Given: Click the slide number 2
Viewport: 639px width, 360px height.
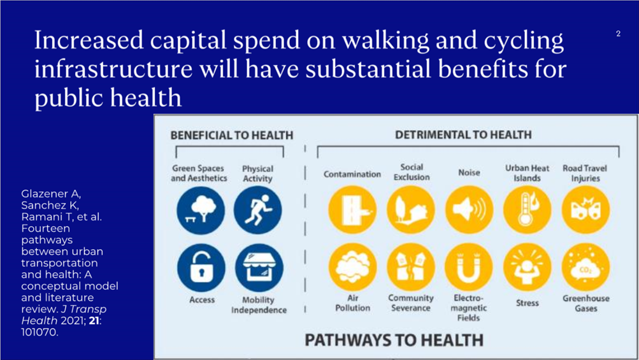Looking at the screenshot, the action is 618,34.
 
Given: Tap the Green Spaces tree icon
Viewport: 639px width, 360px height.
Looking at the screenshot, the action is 201,210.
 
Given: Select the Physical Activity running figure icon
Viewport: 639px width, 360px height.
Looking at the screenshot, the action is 257,210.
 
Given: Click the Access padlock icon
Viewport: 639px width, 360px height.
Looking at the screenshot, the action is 201,268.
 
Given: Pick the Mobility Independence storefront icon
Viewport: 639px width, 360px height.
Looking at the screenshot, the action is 259,268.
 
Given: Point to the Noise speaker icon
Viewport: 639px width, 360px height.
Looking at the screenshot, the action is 469,210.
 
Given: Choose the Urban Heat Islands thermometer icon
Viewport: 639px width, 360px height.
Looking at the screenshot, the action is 527,210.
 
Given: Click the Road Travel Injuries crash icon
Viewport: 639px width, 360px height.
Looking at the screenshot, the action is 585,210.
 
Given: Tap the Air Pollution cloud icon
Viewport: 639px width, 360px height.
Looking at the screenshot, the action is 352,267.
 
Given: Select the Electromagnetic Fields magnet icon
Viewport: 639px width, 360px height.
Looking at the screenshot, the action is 469,267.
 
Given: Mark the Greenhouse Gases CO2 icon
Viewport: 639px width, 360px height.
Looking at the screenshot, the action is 585,267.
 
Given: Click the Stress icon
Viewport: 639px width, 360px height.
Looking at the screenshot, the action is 528,267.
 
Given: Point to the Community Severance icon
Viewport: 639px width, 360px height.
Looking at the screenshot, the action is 411,267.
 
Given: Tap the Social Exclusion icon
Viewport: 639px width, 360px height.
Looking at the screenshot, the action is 411,210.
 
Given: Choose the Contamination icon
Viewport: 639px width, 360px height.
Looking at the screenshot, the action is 352,210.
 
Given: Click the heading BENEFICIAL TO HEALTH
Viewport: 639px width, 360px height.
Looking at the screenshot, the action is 231,135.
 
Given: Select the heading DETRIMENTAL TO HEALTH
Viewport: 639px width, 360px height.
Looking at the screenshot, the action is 463,134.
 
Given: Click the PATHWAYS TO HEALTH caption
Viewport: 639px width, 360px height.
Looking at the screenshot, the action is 394,340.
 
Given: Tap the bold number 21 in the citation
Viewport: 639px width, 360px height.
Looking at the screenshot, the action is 94,320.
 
